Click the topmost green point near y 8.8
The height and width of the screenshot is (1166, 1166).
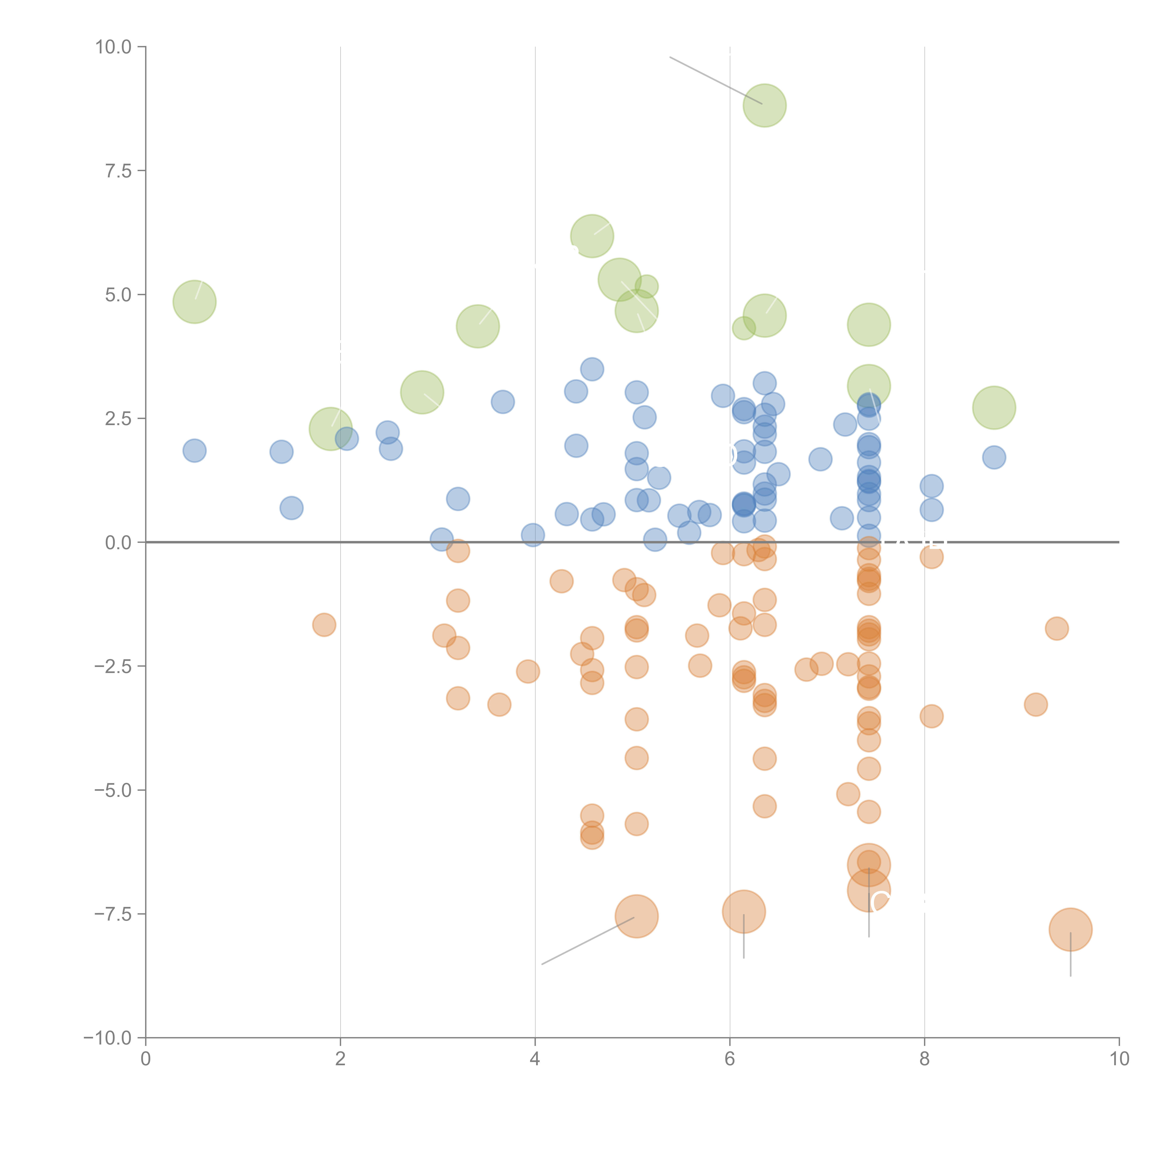(765, 106)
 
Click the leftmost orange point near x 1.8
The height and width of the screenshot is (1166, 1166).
(324, 625)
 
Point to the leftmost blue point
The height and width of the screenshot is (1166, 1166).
(194, 450)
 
